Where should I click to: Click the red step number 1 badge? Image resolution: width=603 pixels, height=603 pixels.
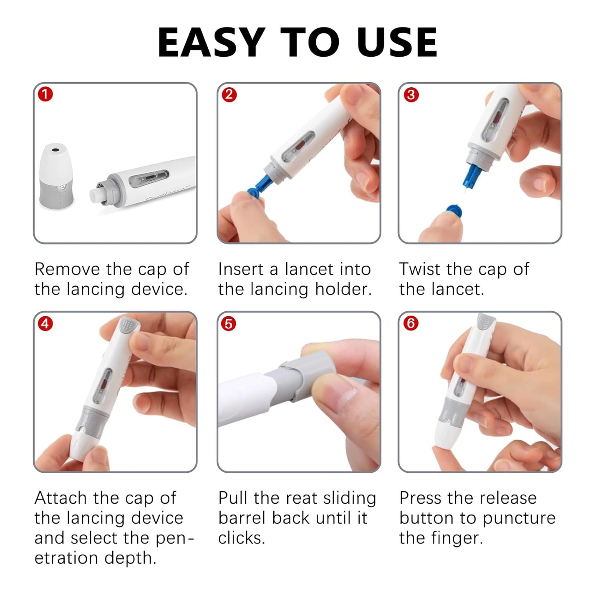click(45, 95)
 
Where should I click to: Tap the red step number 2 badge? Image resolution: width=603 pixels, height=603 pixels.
click(229, 95)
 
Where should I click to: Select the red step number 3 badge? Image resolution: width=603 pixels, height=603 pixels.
click(411, 95)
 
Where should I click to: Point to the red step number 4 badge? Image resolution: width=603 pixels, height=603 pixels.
click(45, 323)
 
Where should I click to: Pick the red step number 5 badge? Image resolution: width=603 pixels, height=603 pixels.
click(229, 323)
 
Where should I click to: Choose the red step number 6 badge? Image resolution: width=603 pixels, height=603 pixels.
click(411, 323)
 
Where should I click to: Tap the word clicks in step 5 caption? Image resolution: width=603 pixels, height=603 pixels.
click(241, 538)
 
